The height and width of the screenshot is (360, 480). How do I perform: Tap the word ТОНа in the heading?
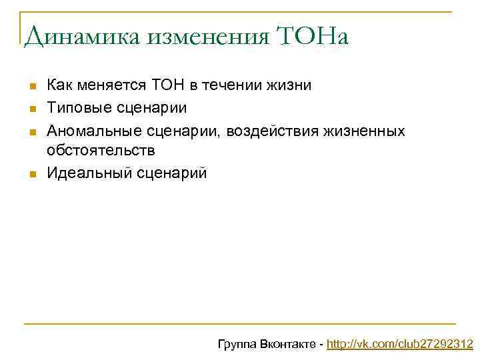311,37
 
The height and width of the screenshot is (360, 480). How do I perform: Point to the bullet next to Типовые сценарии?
31,109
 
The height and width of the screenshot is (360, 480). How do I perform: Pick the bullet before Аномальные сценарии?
31,131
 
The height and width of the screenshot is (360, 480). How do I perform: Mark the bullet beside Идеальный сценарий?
31,175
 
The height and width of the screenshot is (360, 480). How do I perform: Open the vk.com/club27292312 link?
399,345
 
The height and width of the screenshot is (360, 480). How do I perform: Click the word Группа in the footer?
238,345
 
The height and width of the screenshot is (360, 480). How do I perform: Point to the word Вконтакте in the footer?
289,345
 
